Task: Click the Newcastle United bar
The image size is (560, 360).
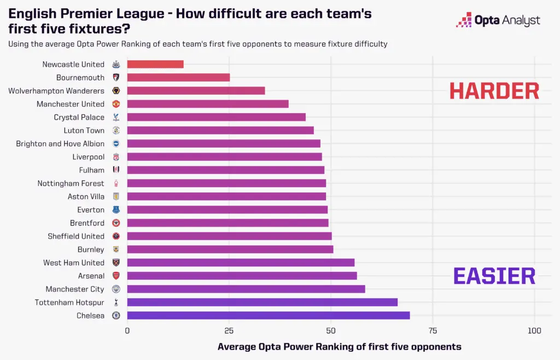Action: click(155, 65)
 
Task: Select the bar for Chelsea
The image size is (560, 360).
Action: click(269, 315)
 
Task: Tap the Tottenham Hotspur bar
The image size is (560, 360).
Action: click(262, 302)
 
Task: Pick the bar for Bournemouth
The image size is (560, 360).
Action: click(178, 78)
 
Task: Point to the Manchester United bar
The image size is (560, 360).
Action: click(208, 104)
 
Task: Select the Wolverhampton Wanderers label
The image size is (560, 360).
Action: click(56, 91)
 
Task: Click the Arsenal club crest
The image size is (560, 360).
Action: click(116, 276)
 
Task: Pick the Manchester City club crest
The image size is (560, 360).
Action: click(116, 289)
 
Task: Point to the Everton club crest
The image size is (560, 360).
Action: click(116, 210)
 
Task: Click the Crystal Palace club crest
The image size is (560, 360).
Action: click(116, 117)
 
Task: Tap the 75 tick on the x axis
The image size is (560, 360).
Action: click(433, 330)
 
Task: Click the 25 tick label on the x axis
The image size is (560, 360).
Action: click(229, 330)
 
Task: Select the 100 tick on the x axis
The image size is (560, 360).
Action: click(534, 330)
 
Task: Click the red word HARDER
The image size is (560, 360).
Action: click(494, 91)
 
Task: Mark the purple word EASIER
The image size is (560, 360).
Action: click(494, 276)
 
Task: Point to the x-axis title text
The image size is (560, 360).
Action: click(339, 347)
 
